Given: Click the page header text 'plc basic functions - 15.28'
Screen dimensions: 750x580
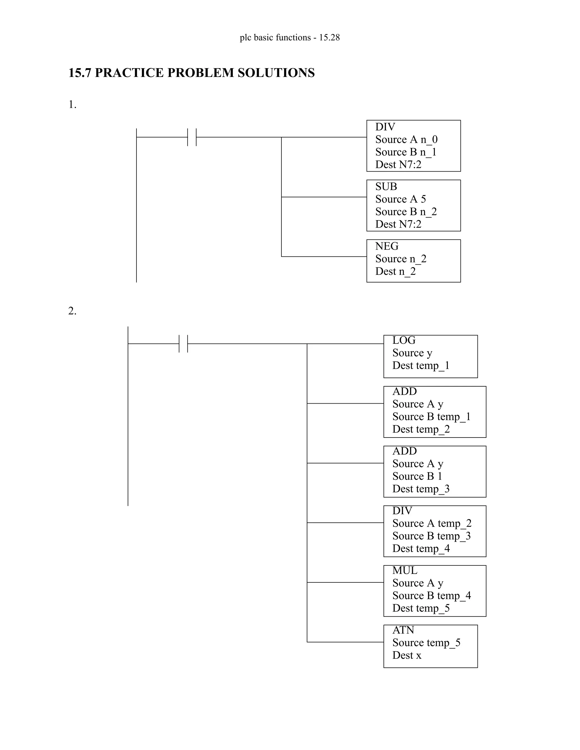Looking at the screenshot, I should point(290,37).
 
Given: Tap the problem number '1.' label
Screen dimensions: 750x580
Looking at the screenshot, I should point(72,104).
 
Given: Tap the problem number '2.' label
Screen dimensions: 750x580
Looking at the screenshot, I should point(72,311).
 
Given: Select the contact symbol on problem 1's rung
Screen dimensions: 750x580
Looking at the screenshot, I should point(192,137).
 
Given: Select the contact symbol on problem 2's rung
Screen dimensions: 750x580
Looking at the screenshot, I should point(184,344).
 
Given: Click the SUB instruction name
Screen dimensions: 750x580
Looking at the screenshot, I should point(386,187).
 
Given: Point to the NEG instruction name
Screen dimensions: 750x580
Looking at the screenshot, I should point(387,246).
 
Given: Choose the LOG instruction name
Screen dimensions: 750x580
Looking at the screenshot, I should point(404,340).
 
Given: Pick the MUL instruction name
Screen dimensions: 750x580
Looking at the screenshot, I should point(405,570).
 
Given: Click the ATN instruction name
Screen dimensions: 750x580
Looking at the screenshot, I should point(403,630).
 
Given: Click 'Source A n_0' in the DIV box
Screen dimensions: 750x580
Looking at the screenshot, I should point(406,140).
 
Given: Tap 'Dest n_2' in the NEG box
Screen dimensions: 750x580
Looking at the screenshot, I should point(395,271).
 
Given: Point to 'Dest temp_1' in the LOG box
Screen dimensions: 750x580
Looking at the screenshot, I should point(421,365).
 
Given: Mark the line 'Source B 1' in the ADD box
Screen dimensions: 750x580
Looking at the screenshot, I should point(417,476).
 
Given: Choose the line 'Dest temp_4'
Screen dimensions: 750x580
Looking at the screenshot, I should point(421,548).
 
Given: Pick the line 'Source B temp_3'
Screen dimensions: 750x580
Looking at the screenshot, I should point(431,536).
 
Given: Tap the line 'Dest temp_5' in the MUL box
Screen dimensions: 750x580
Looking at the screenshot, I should point(421,608).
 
